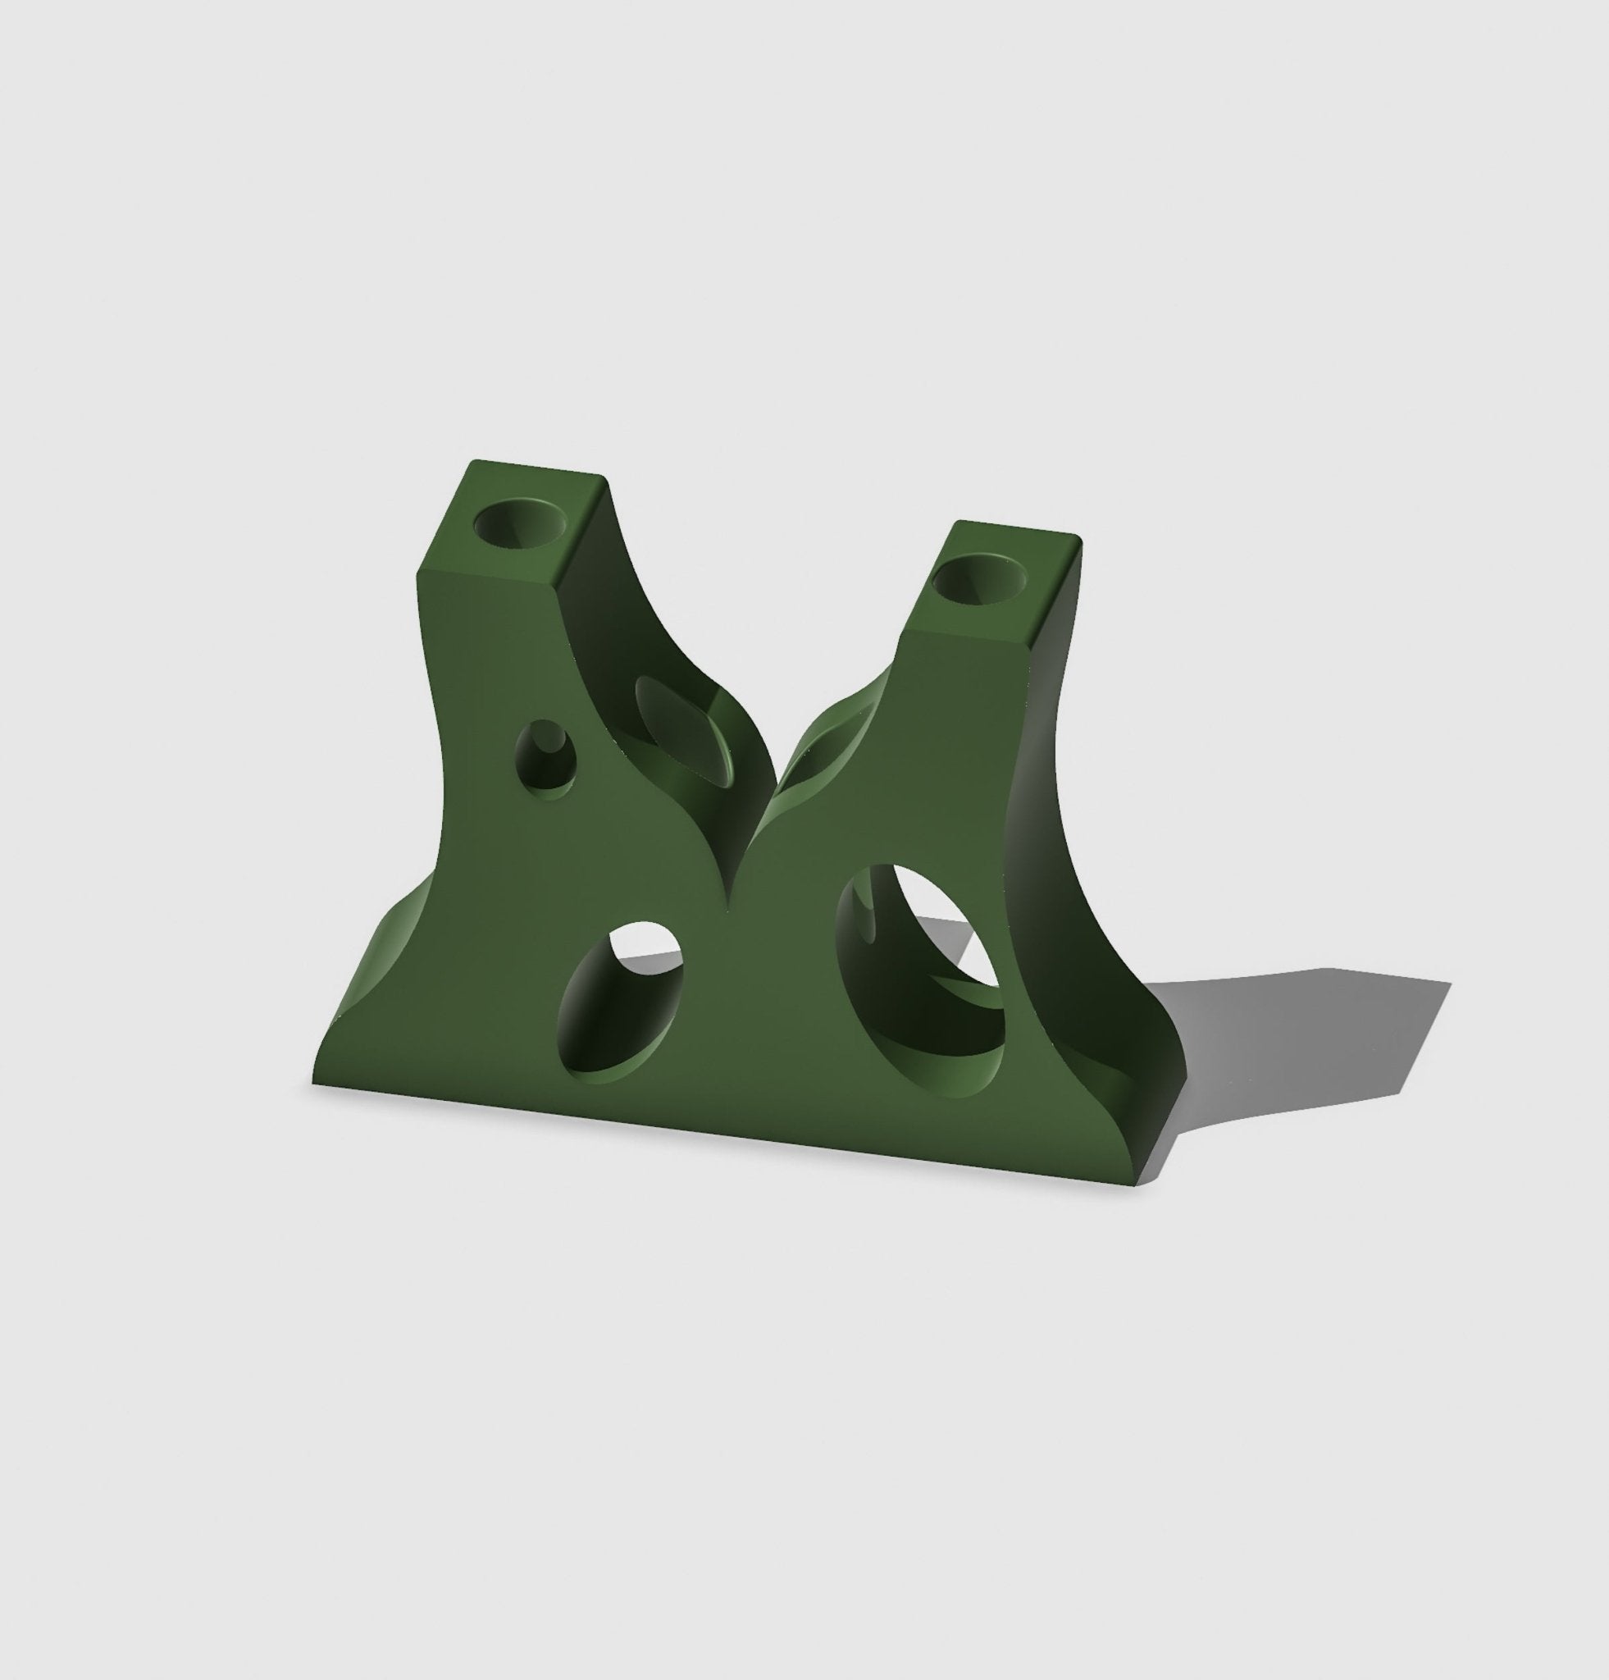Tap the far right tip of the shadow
1450,983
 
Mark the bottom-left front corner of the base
313,1087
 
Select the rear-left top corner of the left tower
471,462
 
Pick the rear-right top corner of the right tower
1078,540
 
